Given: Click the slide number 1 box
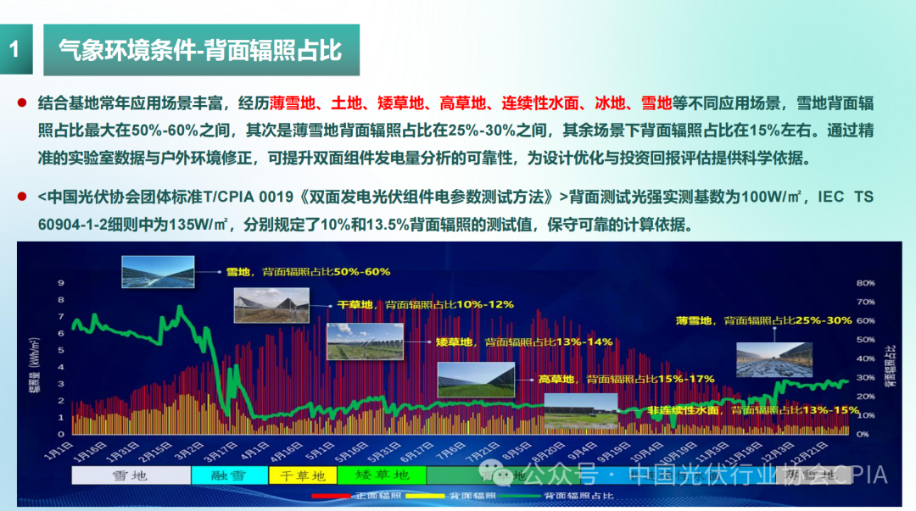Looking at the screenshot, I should pyautogui.click(x=14, y=49).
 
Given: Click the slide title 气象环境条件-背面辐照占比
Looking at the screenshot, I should pyautogui.click(x=200, y=49).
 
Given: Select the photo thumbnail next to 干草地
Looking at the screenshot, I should pyautogui.click(x=271, y=305).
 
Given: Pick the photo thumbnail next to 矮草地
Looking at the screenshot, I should pyautogui.click(x=366, y=342).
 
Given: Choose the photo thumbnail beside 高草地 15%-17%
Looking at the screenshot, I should pyautogui.click(x=476, y=380).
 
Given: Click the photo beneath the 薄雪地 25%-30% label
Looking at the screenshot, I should pyautogui.click(x=774, y=358).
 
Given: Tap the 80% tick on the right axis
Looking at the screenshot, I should pyautogui.click(x=865, y=283).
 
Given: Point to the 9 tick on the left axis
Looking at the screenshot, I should pyautogui.click(x=60, y=283).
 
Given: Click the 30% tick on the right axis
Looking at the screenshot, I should pyautogui.click(x=865, y=378).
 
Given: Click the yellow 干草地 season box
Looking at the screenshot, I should pyautogui.click(x=303, y=475).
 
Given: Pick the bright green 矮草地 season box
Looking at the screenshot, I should pyautogui.click(x=382, y=475).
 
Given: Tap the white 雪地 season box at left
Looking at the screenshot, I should pyautogui.click(x=131, y=475).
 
